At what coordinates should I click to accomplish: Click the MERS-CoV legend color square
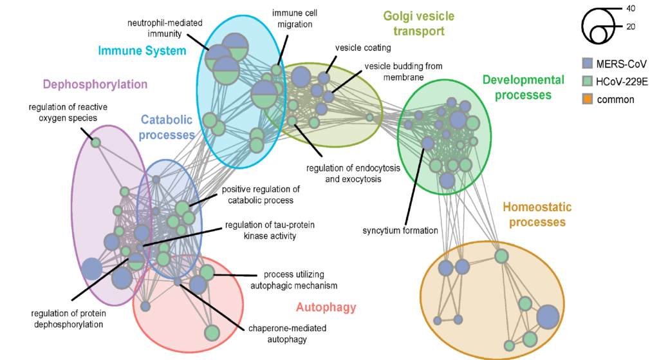coord(586,63)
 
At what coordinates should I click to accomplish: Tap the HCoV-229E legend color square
coord(586,81)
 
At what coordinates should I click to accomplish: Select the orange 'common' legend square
coord(586,99)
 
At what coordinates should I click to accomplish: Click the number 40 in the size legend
coord(633,8)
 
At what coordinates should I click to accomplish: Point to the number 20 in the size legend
coord(633,27)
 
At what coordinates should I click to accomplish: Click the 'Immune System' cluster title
coord(142,50)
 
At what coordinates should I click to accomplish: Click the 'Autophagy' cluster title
coord(326,307)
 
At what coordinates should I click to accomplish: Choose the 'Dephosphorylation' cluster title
coord(95,84)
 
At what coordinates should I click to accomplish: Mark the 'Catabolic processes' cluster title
coord(167,127)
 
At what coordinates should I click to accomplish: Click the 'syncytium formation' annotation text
coord(400,231)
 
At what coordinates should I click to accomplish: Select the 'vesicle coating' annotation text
coord(363,48)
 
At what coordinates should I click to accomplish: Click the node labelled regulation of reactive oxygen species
coord(95,142)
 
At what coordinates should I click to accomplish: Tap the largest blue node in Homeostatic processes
coord(548,316)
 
